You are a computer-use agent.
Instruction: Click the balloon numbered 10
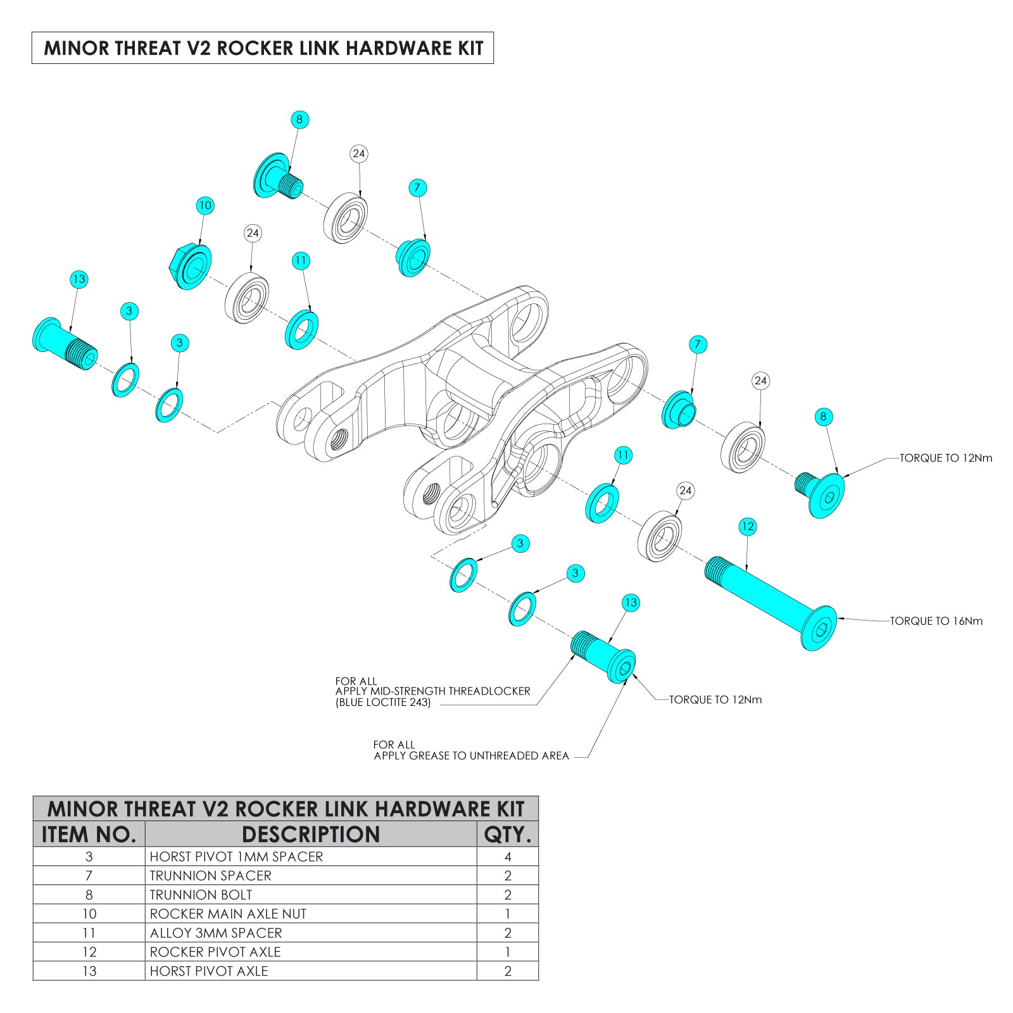(204, 205)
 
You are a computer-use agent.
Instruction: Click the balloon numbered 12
(748, 526)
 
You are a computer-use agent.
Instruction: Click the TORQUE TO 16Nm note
(936, 621)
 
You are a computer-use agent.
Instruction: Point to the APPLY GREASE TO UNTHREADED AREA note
(471, 755)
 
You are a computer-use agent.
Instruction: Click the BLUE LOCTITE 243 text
(383, 702)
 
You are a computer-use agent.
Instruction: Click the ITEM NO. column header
(89, 834)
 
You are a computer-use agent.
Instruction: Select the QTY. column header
(507, 834)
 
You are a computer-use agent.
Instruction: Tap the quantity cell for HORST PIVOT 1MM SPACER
(507, 857)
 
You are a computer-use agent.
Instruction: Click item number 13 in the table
(89, 971)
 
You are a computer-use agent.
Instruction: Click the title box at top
(263, 48)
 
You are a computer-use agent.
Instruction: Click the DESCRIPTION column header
(310, 834)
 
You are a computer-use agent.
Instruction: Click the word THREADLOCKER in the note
(489, 691)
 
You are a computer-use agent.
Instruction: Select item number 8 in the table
(89, 895)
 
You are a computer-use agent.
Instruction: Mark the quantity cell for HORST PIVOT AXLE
(507, 971)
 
